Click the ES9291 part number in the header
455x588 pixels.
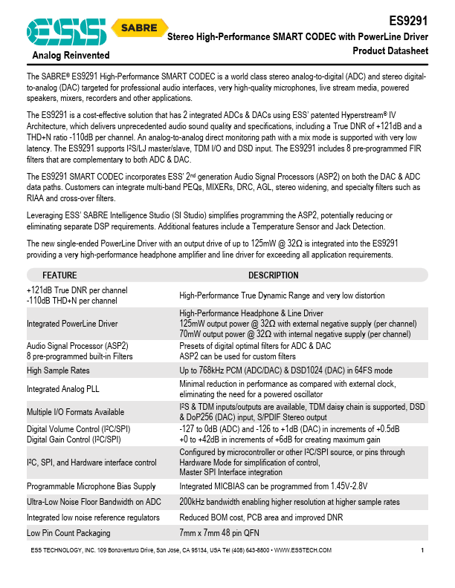[x=410, y=22]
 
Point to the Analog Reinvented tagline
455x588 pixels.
[x=71, y=56]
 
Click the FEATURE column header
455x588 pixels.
[x=59, y=275]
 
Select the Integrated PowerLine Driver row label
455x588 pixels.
[x=72, y=324]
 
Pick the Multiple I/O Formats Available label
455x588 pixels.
[x=75, y=411]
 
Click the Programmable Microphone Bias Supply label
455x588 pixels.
[x=91, y=486]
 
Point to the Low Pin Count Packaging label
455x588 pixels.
[x=68, y=532]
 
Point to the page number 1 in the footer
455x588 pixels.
[x=422, y=550]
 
